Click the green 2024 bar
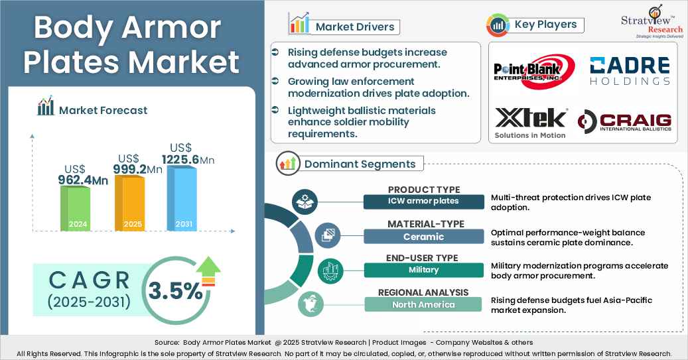[x=75, y=208]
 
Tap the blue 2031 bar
[x=182, y=198]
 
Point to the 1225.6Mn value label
[x=188, y=160]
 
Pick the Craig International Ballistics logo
[x=624, y=122]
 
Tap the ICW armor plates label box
[x=424, y=201]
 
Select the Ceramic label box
[x=424, y=236]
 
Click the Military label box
[x=424, y=270]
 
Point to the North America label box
[x=424, y=304]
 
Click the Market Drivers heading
[x=355, y=27]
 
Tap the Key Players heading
[x=545, y=25]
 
